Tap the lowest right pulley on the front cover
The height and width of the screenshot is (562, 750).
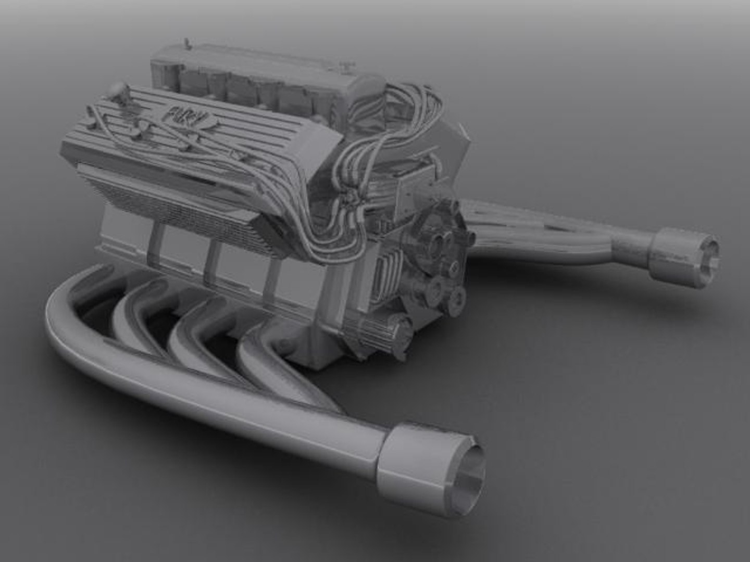pos(457,298)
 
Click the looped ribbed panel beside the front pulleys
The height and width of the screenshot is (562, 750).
pos(385,271)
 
